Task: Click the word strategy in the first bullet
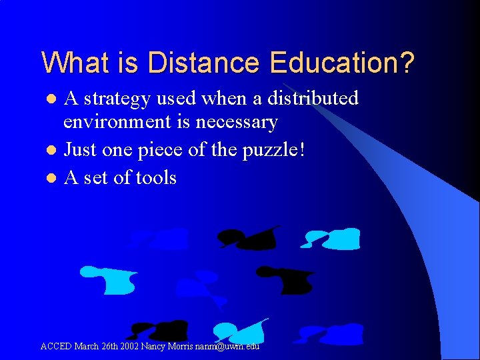(x=115, y=99)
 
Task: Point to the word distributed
(x=313, y=99)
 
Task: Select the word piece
(x=160, y=150)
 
